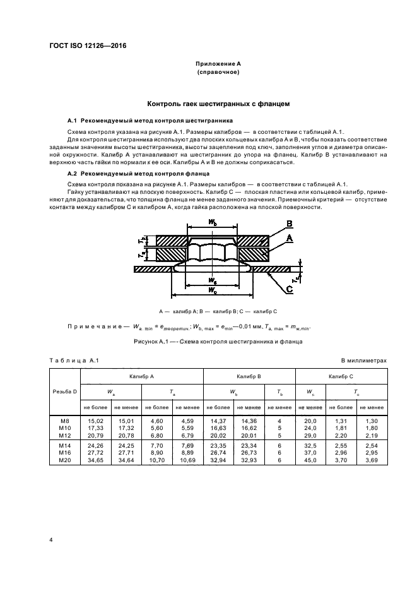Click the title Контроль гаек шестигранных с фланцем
(218, 103)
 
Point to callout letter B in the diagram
(289, 224)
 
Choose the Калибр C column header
(340, 376)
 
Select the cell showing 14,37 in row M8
(218, 419)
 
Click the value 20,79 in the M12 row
(95, 434)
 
